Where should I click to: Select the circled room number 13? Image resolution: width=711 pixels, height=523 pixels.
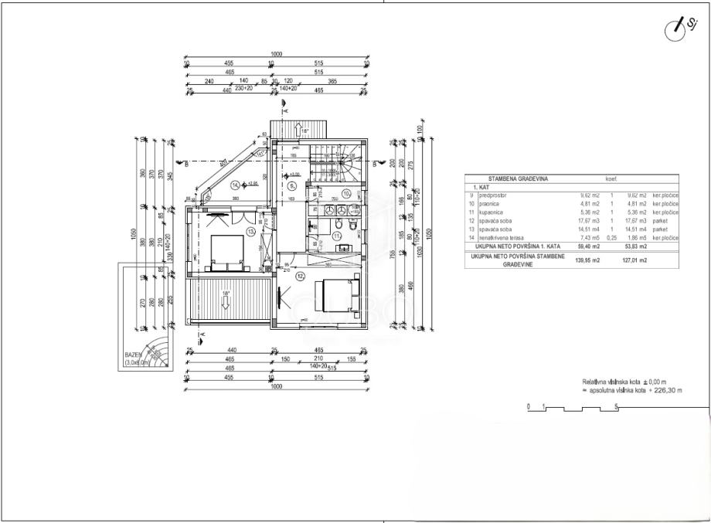tap(250, 231)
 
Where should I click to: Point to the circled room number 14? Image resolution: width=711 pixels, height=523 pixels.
tap(235, 185)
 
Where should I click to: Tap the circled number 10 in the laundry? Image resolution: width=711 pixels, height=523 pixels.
tap(347, 192)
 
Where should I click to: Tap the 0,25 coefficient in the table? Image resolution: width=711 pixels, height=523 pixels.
tap(611, 238)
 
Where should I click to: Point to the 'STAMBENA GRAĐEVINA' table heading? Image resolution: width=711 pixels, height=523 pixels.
tap(506, 179)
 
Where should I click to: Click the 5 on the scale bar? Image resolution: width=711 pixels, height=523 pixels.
tap(616, 405)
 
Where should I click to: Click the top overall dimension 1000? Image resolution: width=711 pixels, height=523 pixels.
tap(276, 54)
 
